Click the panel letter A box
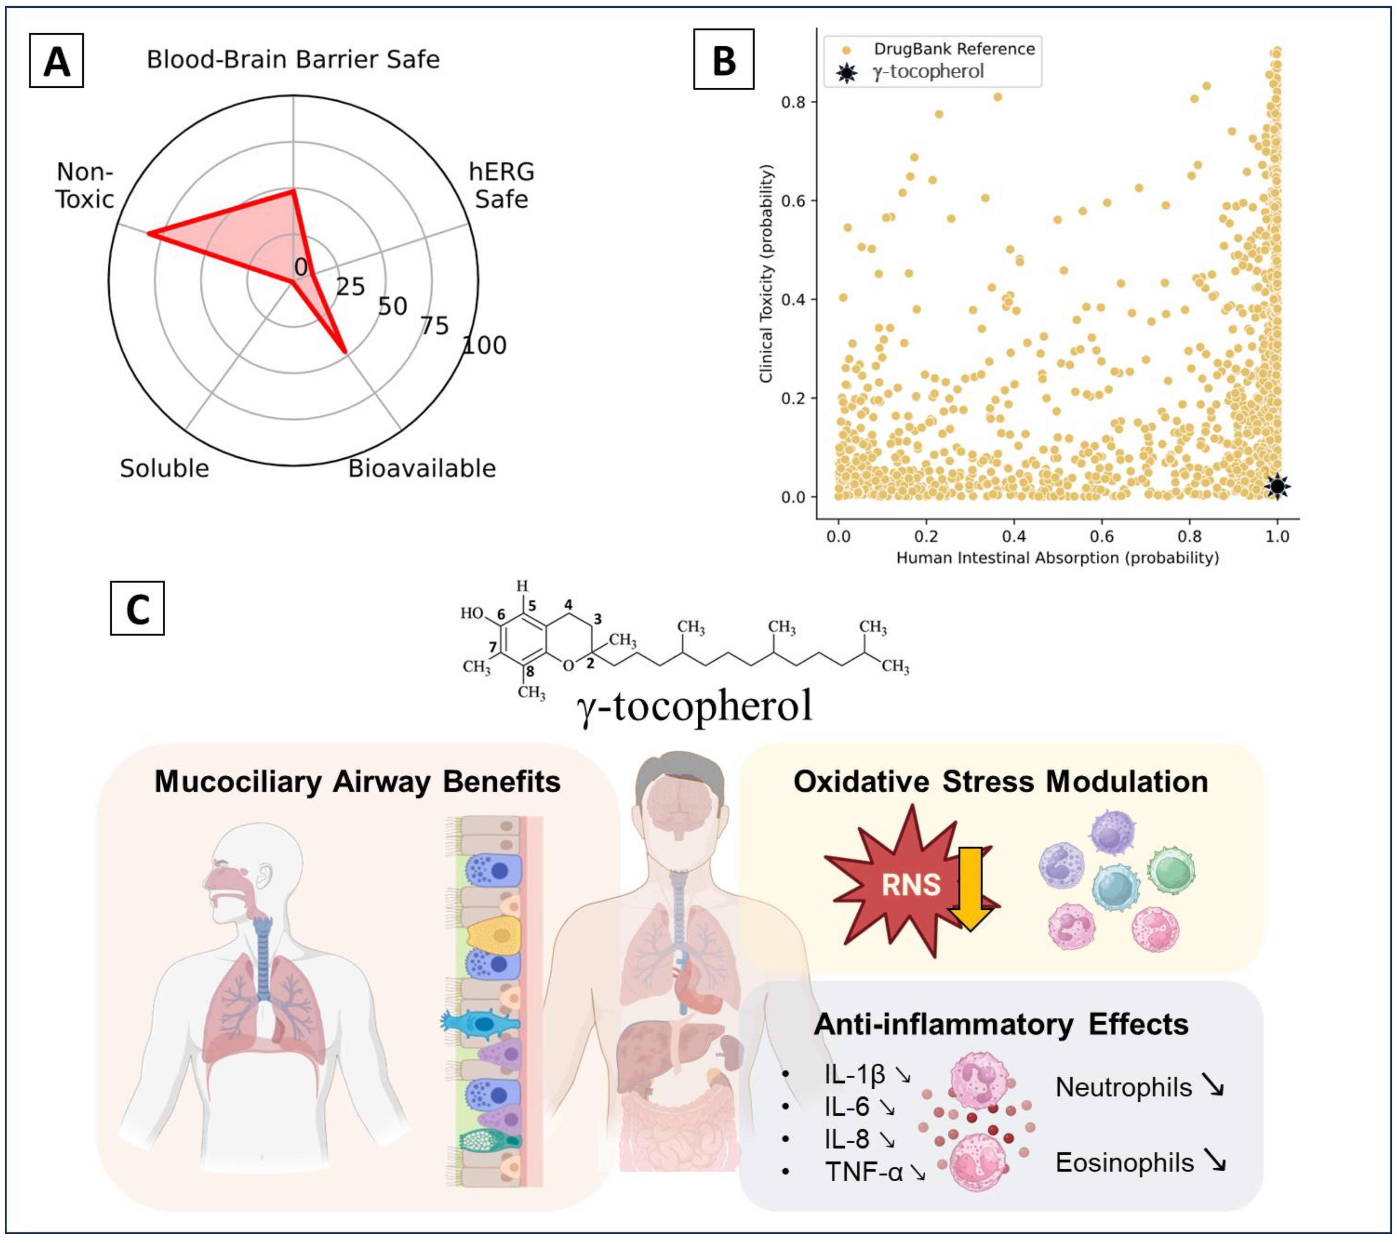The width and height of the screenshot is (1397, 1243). (56, 61)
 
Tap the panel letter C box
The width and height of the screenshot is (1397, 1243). (137, 608)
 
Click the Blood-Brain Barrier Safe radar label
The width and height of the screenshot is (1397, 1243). (293, 59)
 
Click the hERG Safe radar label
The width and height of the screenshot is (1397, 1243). (501, 186)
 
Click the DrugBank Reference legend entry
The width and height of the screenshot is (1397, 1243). (954, 49)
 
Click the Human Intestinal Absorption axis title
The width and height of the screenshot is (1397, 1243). (1057, 558)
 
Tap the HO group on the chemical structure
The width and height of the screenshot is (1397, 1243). (471, 613)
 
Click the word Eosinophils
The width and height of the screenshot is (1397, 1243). (1124, 1162)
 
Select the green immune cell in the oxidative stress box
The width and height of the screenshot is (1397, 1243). (1171, 870)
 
